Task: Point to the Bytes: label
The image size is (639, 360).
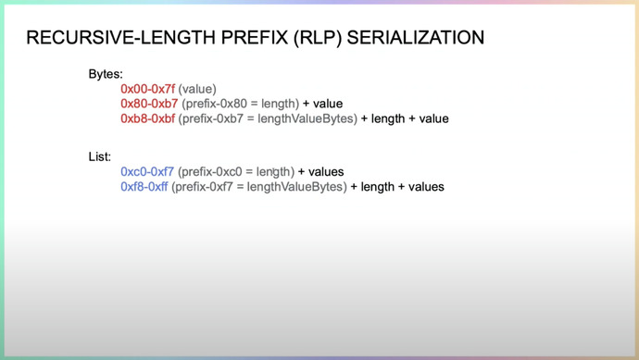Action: tap(106, 73)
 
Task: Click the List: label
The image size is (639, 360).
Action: tap(100, 156)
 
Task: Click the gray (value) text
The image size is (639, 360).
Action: tap(197, 89)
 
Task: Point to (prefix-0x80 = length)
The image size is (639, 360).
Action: tap(240, 104)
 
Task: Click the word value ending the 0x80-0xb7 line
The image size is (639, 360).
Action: tap(328, 104)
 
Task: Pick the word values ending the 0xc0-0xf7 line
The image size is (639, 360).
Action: tap(325, 172)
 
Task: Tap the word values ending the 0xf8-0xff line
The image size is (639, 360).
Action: tap(424, 187)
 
